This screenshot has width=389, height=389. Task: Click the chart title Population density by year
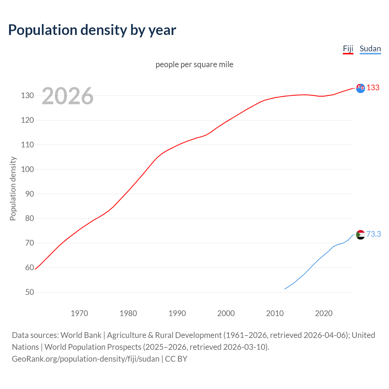pyautogui.click(x=92, y=30)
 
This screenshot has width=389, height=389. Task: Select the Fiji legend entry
pyautogui.click(x=348, y=49)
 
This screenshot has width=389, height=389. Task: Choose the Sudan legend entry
pyautogui.click(x=370, y=49)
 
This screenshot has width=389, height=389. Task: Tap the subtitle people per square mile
pyautogui.click(x=194, y=65)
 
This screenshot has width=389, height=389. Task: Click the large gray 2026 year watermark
pyautogui.click(x=67, y=96)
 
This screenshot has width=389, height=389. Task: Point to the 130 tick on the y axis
pyautogui.click(x=27, y=96)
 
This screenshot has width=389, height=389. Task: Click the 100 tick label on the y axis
pyautogui.click(x=27, y=169)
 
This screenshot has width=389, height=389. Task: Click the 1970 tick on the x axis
pyautogui.click(x=79, y=313)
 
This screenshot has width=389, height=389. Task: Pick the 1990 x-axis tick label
pyautogui.click(x=177, y=313)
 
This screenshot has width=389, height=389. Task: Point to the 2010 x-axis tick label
pyautogui.click(x=275, y=313)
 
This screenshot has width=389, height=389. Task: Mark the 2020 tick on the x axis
pyautogui.click(x=324, y=313)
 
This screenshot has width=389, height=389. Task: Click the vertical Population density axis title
pyautogui.click(x=13, y=188)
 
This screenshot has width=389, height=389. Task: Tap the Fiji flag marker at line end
pyautogui.click(x=360, y=88)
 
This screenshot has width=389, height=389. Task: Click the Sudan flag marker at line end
pyautogui.click(x=360, y=235)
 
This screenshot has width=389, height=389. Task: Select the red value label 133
pyautogui.click(x=373, y=88)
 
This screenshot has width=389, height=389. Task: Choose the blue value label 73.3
pyautogui.click(x=374, y=234)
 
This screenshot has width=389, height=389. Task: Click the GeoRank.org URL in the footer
pyautogui.click(x=86, y=359)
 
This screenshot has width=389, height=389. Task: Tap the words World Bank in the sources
pyautogui.click(x=81, y=335)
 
